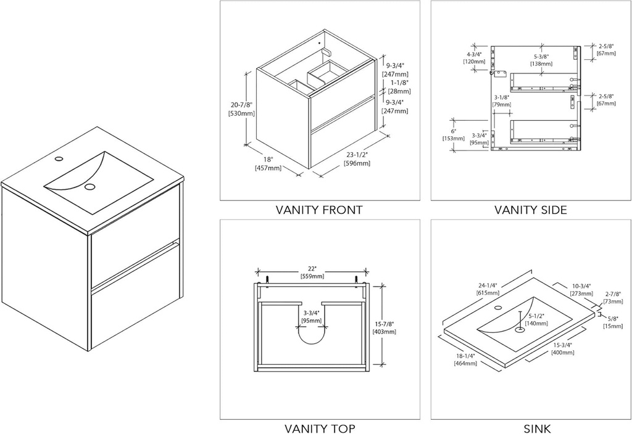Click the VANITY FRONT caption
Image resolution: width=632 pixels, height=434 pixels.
pyautogui.click(x=319, y=210)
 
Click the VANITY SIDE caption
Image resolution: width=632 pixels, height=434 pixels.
pyautogui.click(x=530, y=210)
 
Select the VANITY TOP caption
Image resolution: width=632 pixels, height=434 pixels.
pyautogui.click(x=319, y=428)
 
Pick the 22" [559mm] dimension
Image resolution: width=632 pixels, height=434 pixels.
pyautogui.click(x=312, y=272)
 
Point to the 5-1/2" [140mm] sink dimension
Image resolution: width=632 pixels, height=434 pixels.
pyautogui.click(x=536, y=319)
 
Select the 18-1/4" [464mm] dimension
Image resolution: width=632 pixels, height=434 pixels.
pyautogui.click(x=466, y=360)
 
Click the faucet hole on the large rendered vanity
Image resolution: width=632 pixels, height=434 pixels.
pyautogui.click(x=59, y=159)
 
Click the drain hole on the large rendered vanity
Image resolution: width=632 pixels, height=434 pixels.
pyautogui.click(x=91, y=186)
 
